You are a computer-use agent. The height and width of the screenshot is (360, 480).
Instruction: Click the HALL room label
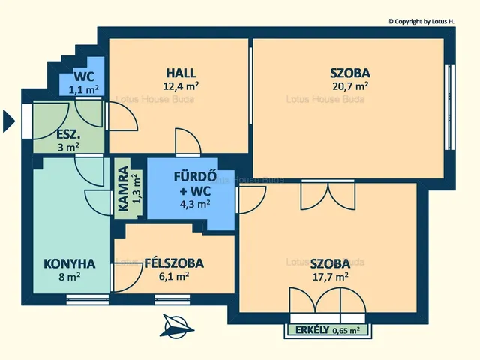[181, 73]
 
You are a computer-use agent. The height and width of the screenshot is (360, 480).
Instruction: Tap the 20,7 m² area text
[350, 86]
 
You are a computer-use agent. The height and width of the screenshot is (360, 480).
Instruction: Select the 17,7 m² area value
[330, 277]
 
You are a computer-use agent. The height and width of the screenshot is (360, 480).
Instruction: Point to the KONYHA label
[70, 263]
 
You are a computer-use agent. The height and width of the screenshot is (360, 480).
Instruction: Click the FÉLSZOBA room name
[174, 263]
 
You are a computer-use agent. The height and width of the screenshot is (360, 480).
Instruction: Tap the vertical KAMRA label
[123, 189]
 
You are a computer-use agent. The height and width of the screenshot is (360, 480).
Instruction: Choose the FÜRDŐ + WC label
[195, 184]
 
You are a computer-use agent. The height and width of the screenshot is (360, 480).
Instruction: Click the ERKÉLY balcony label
[313, 330]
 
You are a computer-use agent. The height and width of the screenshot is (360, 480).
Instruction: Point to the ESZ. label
[68, 135]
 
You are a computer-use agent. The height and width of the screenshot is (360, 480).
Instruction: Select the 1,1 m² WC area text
[83, 90]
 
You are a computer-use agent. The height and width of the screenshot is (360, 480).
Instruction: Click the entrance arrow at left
[9, 121]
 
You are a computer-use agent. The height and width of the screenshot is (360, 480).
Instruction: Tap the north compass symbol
[176, 326]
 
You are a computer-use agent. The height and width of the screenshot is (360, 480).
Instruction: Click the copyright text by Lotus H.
[421, 22]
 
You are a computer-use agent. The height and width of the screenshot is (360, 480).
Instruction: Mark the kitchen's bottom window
[88, 299]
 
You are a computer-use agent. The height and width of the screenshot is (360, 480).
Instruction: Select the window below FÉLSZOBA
[172, 299]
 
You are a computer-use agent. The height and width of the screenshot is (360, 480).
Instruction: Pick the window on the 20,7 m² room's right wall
[449, 107]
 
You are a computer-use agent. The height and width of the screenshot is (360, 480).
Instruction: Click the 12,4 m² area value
[181, 86]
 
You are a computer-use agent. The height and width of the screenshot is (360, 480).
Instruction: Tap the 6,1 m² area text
[174, 277]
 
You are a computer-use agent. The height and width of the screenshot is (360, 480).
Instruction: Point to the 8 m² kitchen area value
[70, 277]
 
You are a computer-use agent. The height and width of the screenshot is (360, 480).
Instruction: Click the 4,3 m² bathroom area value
[195, 204]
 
